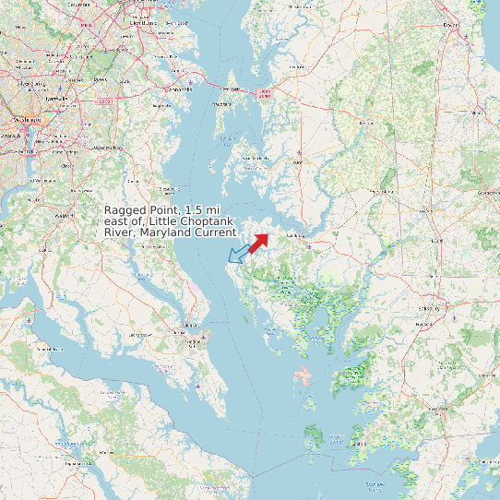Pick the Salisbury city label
point(429,308)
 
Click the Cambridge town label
point(297,236)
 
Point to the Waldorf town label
point(64,216)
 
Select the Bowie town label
point(100,79)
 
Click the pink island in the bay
point(303,375)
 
